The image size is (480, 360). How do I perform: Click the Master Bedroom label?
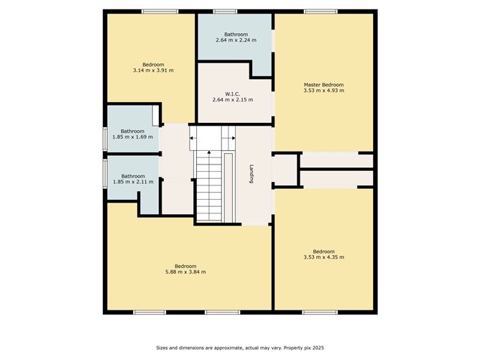pos(323,85)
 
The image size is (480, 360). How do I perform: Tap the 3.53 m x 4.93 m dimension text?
pos(323,91)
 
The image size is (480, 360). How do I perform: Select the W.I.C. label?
pos(233,94)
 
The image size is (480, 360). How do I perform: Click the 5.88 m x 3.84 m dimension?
pos(185,272)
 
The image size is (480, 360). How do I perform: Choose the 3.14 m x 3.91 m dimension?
pos(153,70)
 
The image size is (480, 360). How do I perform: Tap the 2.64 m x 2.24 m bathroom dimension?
pos(236,40)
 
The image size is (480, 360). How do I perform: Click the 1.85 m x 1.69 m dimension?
pos(132,137)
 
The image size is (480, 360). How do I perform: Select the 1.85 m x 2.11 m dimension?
pos(133,182)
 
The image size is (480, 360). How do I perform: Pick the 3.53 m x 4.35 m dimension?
pos(323,257)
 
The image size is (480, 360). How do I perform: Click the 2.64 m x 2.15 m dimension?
pos(233,100)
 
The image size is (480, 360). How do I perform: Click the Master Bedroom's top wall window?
pos(320,11)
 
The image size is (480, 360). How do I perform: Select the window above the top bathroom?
pos(225,11)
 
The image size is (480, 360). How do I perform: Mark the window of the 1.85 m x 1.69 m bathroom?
pos(105,139)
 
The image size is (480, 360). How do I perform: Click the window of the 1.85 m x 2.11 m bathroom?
pos(105,172)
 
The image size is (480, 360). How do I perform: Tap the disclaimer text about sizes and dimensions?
pos(240,348)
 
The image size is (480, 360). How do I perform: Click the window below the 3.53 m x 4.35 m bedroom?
pos(320,313)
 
